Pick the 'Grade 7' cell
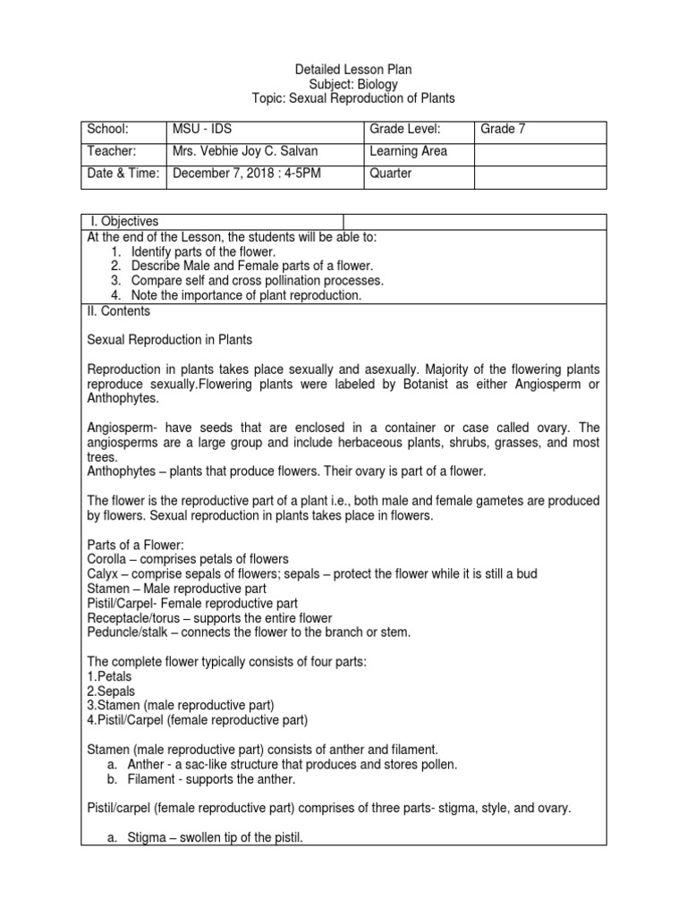pyautogui.click(x=503, y=130)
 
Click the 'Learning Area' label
pyautogui.click(x=408, y=151)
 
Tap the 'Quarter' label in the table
pyautogui.click(x=391, y=173)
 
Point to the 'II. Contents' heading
pyautogui.click(x=118, y=311)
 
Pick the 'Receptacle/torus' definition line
pyautogui.click(x=209, y=618)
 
